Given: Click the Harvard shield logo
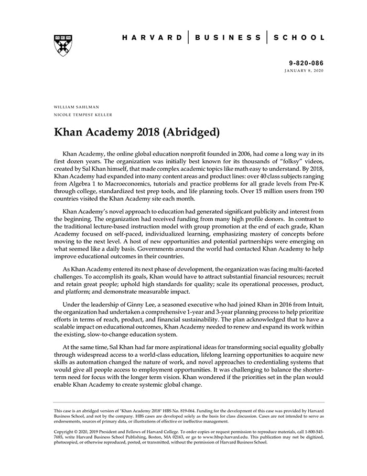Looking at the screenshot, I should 63,46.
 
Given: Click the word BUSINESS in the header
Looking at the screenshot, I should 228,38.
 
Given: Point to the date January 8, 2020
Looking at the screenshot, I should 304,70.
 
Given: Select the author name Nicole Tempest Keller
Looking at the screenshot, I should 83,115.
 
